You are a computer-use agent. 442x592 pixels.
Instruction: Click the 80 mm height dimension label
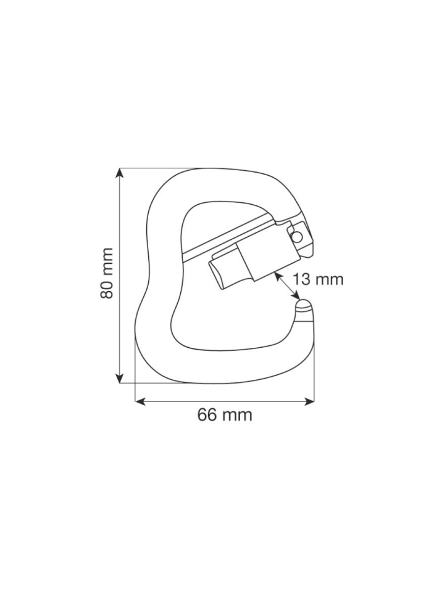tap(107, 273)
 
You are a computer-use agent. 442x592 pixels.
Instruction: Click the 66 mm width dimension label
tap(225, 415)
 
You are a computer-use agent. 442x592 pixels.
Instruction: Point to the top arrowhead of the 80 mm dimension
tap(120, 173)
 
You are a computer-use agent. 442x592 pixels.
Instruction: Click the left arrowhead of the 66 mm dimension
tap(140, 402)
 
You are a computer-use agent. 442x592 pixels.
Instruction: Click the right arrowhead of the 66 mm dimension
tap(309, 402)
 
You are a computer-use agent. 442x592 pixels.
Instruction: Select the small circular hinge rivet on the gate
tap(297, 236)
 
